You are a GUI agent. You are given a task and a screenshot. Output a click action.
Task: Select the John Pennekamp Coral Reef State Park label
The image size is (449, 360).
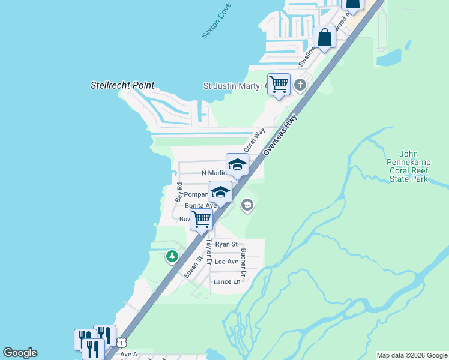(x=412, y=166)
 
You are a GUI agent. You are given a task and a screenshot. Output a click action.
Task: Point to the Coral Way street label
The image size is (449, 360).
(x=254, y=140)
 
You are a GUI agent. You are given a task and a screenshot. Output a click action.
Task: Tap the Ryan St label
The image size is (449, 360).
(x=226, y=244)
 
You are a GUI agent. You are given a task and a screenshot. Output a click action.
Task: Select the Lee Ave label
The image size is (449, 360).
(x=226, y=262)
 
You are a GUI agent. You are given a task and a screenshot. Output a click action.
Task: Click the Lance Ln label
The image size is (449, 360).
(x=226, y=281)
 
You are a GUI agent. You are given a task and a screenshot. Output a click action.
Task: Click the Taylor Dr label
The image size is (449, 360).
(x=209, y=252)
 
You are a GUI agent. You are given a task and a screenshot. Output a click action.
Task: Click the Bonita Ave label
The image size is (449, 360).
(x=200, y=206)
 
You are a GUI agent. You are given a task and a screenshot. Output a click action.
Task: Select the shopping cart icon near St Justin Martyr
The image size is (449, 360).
(x=279, y=84)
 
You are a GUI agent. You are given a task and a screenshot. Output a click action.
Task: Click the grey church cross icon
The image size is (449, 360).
(x=301, y=86)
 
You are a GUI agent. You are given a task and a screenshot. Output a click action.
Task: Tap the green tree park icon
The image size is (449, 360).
(x=172, y=257)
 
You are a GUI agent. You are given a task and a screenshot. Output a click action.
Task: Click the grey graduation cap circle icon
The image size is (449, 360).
(x=247, y=206)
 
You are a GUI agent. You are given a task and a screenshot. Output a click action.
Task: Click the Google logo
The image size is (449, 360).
(x=20, y=353)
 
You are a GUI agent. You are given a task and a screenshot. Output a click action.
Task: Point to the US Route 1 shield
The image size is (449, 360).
(x=122, y=342)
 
